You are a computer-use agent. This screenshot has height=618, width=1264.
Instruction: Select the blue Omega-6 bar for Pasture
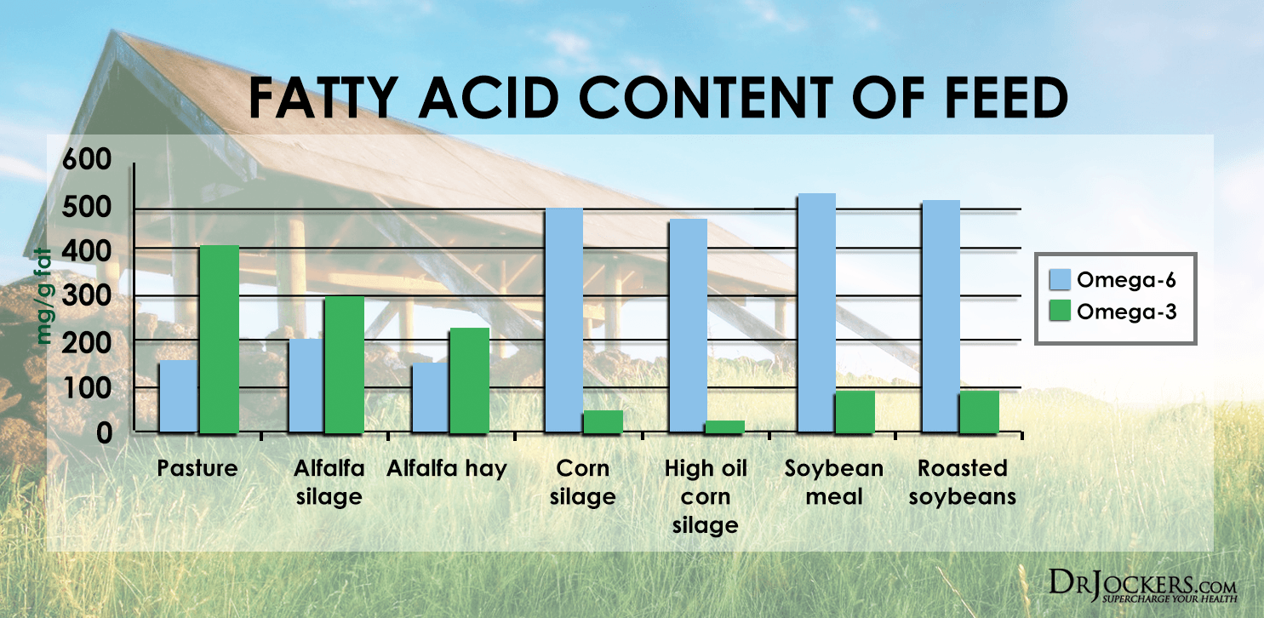click(x=179, y=397)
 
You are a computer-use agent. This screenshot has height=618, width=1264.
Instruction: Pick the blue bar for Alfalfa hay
click(x=430, y=398)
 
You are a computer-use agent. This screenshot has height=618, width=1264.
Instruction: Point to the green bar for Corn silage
click(x=603, y=421)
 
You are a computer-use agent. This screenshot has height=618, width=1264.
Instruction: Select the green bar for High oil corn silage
click(x=725, y=426)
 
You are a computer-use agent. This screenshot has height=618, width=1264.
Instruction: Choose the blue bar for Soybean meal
click(x=816, y=313)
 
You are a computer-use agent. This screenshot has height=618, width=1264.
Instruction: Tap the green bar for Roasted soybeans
click(x=979, y=412)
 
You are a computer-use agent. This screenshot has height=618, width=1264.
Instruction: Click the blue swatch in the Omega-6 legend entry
click(x=1056, y=280)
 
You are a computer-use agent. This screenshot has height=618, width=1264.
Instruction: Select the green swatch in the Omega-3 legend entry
click(x=1056, y=312)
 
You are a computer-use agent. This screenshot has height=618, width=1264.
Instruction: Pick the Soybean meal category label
click(x=834, y=481)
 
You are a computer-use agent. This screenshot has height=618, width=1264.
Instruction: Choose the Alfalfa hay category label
click(x=447, y=468)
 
